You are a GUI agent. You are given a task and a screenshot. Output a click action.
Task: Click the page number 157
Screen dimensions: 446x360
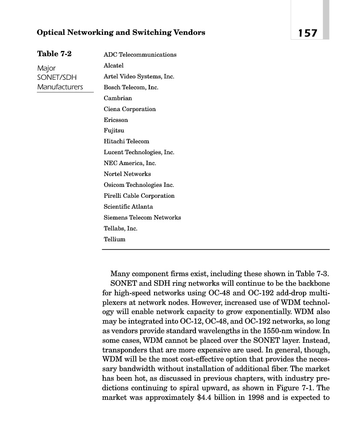(x=307, y=33)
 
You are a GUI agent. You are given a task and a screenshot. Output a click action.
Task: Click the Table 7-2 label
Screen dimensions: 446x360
(x=54, y=54)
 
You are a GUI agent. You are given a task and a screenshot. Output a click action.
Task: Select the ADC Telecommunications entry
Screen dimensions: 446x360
(x=140, y=54)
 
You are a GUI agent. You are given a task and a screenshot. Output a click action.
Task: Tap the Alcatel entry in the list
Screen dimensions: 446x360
(x=114, y=65)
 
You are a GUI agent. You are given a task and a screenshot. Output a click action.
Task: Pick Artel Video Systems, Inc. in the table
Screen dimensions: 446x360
(x=138, y=76)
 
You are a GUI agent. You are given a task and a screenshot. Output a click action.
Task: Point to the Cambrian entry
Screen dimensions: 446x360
(x=118, y=98)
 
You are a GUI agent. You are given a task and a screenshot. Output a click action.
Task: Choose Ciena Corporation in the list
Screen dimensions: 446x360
(x=129, y=109)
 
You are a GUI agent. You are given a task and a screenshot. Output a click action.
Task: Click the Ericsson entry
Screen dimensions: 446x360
(x=116, y=120)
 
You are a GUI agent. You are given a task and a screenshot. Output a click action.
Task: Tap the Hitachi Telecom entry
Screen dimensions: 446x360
(x=126, y=141)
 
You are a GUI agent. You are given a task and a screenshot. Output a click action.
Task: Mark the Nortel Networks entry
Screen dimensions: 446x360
(x=127, y=174)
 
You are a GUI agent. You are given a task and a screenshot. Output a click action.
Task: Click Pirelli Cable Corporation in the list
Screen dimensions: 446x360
(x=139, y=196)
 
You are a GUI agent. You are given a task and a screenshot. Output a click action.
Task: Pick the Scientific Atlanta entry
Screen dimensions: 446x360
(x=128, y=206)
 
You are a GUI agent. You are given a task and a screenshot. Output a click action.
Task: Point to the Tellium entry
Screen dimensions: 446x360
(x=114, y=239)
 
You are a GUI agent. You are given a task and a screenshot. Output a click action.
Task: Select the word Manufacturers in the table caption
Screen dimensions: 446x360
(x=60, y=87)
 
